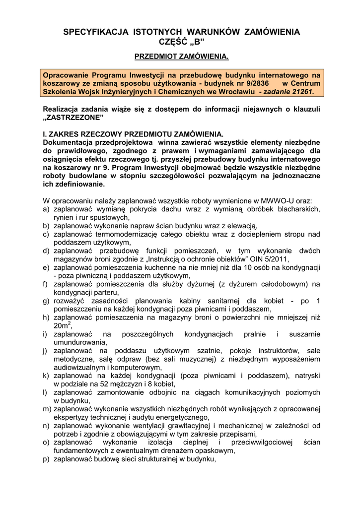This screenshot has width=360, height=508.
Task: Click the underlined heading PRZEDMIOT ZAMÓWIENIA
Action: click(x=182, y=58)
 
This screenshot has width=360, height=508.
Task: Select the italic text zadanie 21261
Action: click(x=288, y=92)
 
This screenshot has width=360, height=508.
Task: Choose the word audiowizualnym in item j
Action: click(x=81, y=368)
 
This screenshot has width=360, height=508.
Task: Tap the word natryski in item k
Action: click(x=305, y=376)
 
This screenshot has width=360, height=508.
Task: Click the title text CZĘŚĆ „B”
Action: click(x=181, y=42)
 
